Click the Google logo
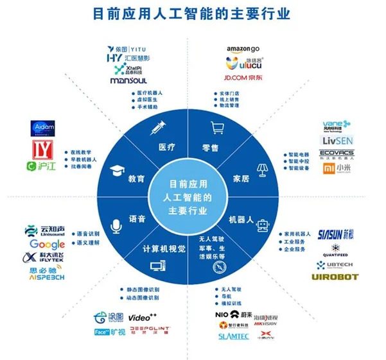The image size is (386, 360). (x=48, y=244)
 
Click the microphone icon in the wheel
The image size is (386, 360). (x=116, y=225)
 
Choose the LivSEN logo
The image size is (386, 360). (x=337, y=140)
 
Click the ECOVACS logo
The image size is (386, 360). (x=337, y=153)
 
